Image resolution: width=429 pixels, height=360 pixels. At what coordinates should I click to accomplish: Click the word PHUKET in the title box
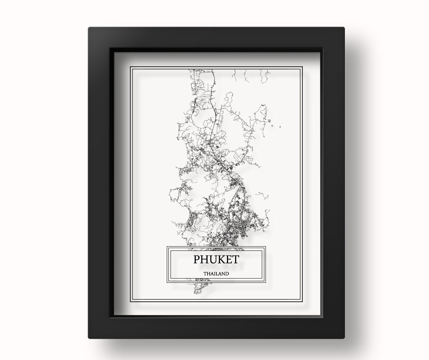(x=216, y=259)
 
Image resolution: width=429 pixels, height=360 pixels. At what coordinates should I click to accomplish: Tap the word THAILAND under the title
(x=216, y=273)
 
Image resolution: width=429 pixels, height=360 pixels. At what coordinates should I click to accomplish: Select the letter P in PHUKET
(x=197, y=259)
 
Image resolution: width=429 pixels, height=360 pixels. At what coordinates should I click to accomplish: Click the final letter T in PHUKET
(x=235, y=259)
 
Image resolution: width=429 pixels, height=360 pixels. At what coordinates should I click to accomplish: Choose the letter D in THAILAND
(x=227, y=273)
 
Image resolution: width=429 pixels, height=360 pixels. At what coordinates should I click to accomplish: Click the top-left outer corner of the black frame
(x=89, y=28)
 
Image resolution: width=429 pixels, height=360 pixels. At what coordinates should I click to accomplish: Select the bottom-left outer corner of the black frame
(x=89, y=338)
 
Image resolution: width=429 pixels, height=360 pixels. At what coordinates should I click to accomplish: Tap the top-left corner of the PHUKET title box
(x=167, y=247)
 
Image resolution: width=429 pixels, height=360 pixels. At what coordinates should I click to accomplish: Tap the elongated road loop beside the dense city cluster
(x=235, y=200)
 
